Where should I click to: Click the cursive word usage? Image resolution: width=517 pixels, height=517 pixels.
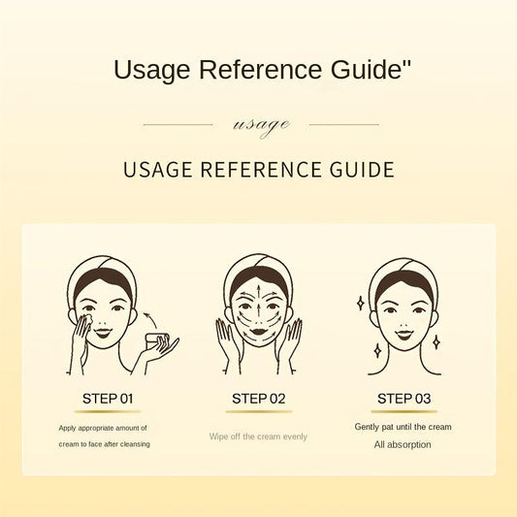pyautogui.click(x=262, y=125)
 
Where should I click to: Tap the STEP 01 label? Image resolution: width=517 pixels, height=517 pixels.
pyautogui.click(x=108, y=399)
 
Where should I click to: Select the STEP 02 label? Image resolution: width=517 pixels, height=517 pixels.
pyautogui.click(x=258, y=399)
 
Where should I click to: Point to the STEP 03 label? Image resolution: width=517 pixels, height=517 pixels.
pyautogui.click(x=404, y=399)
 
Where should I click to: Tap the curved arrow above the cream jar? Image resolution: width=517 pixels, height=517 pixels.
pyautogui.click(x=150, y=320)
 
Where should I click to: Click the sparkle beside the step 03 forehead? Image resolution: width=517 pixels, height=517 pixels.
pyautogui.click(x=361, y=304)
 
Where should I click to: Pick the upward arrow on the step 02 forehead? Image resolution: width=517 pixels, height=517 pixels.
pyautogui.click(x=259, y=291)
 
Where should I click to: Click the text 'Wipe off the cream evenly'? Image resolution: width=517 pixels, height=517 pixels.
pyautogui.click(x=258, y=436)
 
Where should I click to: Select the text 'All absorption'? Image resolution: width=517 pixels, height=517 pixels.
pyautogui.click(x=403, y=445)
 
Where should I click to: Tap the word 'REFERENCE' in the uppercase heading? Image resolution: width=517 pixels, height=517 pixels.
pyautogui.click(x=261, y=170)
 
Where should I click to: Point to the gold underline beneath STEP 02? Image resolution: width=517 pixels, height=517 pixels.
pyautogui.click(x=259, y=411)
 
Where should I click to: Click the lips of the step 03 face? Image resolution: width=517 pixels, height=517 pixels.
pyautogui.click(x=404, y=335)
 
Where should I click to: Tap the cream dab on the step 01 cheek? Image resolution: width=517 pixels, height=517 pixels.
pyautogui.click(x=88, y=320)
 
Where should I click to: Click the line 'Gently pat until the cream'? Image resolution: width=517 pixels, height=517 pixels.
pyautogui.click(x=403, y=427)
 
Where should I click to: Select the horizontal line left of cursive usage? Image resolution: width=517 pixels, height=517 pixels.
pyautogui.click(x=178, y=124)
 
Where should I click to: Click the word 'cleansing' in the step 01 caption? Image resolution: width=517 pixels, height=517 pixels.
pyautogui.click(x=135, y=444)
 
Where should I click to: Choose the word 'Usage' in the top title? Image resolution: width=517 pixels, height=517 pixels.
pyautogui.click(x=151, y=70)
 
